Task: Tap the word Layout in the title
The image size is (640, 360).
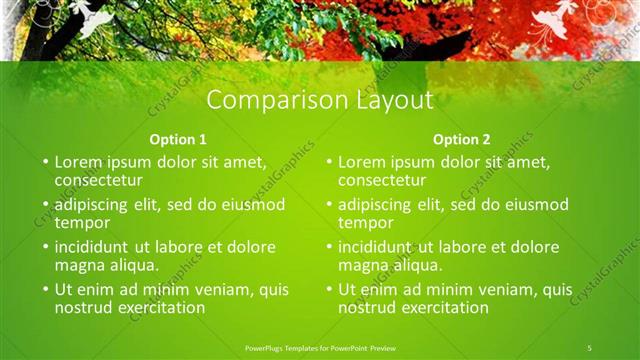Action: point(391,101)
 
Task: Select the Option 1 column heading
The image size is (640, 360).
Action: point(178,139)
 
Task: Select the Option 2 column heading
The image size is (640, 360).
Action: point(462,139)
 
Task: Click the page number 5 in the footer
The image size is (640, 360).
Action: point(590,347)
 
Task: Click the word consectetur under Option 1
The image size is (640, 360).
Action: point(98,181)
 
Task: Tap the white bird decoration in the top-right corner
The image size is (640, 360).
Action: point(556,22)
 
